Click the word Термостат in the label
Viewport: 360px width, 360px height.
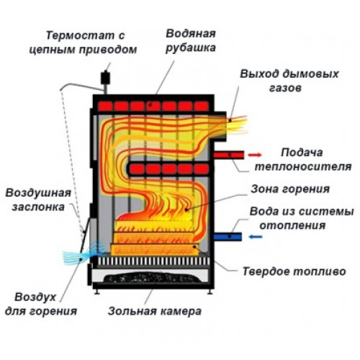pos(79,35)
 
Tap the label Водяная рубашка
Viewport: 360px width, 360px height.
pos(191,40)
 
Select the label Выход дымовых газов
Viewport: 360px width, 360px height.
pos(289,81)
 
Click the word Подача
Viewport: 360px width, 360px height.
pos(302,153)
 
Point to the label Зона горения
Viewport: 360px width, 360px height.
pos(290,189)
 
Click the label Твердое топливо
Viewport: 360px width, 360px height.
pos(294,271)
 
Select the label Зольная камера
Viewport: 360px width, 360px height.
pos(155,311)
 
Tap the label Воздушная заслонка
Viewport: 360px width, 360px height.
pos(38,200)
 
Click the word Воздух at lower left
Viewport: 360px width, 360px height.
pos(35,297)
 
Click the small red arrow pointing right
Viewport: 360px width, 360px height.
pos(255,155)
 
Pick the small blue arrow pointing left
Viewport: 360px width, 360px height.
pos(256,237)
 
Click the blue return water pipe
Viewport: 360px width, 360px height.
pos(228,237)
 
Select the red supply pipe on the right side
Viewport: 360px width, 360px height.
pos(229,155)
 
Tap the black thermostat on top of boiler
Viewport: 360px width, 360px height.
pos(105,77)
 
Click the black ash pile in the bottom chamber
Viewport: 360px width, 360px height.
pos(152,277)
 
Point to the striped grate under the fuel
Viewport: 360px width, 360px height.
pos(153,261)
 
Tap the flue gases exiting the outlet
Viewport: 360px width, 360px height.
pos(236,125)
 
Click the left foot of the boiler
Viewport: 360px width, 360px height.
pos(97,292)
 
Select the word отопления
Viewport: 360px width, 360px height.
pos(292,225)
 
